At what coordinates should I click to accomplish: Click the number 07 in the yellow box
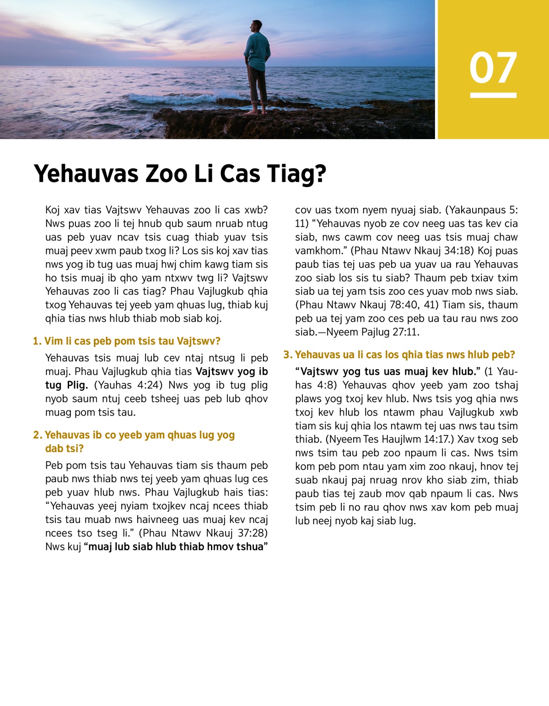coord(493,67)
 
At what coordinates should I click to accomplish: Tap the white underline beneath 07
coord(493,95)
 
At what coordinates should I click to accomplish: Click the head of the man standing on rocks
coord(257,27)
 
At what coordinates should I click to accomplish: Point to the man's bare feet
coord(257,112)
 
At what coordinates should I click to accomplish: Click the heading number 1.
coord(37,341)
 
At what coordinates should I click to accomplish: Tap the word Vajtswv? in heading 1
coord(199,341)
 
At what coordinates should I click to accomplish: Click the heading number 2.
coord(37,435)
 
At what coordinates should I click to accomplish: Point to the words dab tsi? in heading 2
coord(64,448)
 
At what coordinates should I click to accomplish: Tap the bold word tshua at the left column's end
coord(249,547)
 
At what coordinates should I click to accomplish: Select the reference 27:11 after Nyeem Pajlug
coord(405,332)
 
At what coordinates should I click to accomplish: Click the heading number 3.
coord(287,355)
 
